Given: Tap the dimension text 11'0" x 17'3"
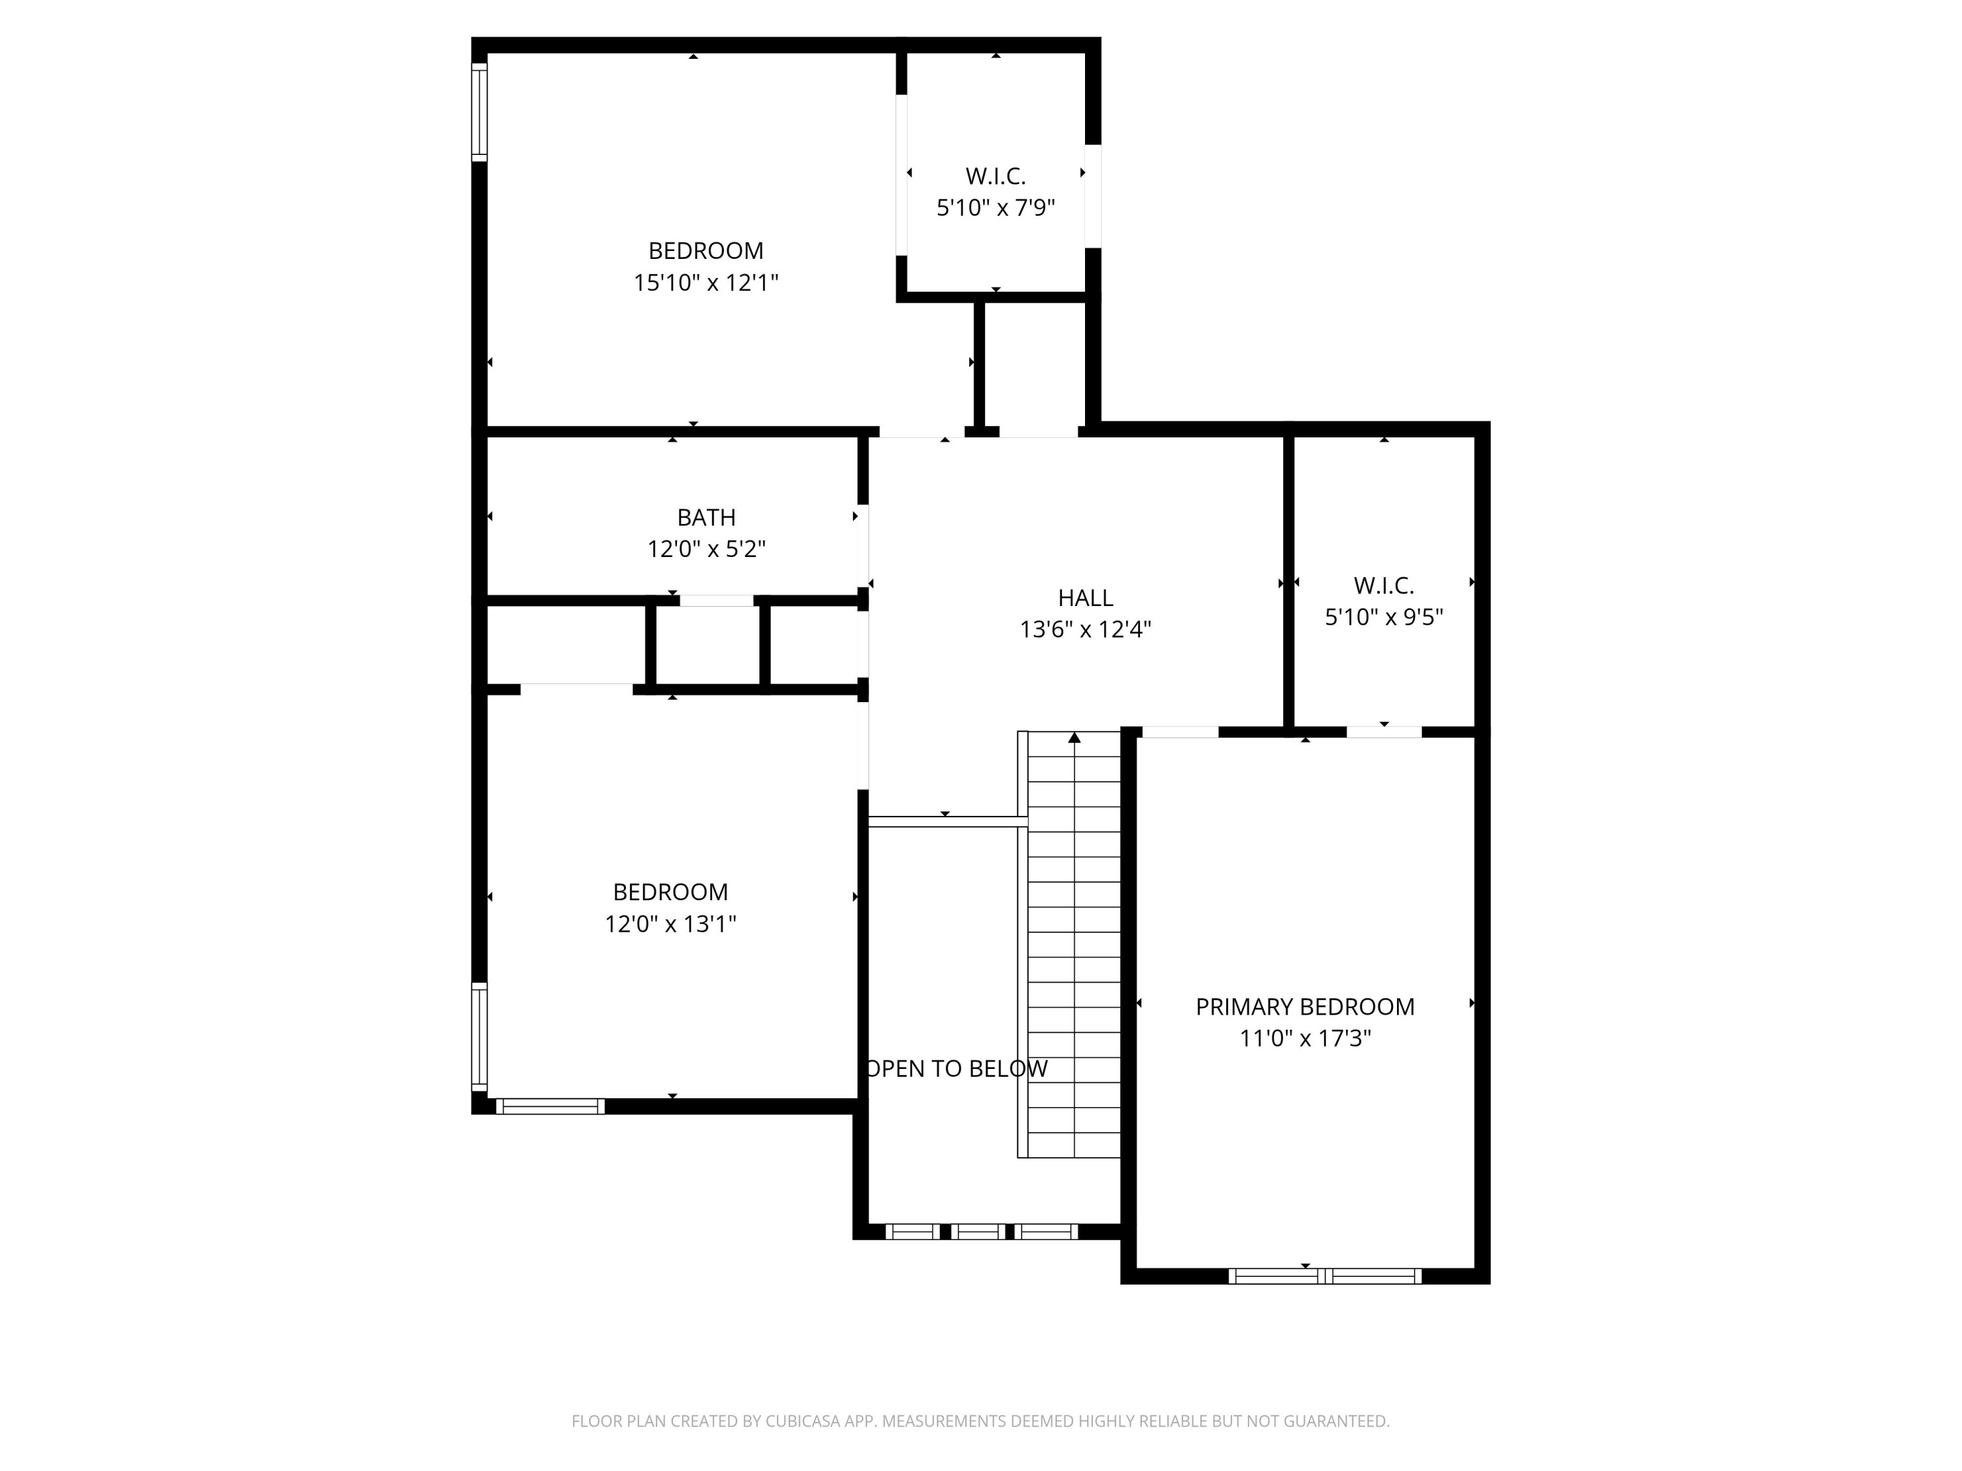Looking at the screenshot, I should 1304,1038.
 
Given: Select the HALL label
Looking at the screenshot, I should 1085,598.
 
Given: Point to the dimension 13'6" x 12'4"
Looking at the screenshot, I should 1085,630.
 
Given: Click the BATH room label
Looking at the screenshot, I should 706,517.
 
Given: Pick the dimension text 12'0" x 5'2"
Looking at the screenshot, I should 706,549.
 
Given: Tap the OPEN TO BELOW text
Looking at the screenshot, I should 956,1068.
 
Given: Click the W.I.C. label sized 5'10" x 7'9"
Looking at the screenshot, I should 995,176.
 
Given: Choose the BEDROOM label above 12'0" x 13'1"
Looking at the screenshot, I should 670,892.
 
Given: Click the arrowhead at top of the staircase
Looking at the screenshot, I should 1074,737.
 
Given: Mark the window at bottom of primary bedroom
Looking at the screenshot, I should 1324,1276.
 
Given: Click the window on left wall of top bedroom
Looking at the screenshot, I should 479,112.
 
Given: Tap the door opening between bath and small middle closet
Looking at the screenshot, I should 717,600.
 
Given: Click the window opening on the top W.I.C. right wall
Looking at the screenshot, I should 1093,196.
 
